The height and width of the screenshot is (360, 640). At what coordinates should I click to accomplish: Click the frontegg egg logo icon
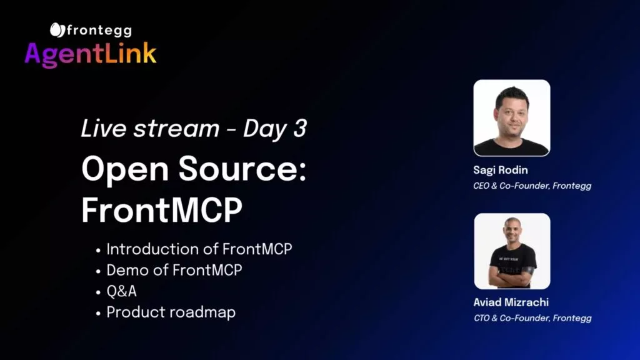[x=57, y=30]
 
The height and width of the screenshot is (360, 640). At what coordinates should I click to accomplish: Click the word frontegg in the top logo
[x=99, y=31]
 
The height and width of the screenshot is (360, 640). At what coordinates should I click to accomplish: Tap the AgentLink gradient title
[x=90, y=54]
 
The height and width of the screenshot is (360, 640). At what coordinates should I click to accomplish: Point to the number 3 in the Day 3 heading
[x=299, y=128]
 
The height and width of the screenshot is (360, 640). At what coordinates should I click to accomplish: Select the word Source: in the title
[x=242, y=169]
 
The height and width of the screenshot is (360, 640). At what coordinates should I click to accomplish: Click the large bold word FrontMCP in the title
[x=162, y=210]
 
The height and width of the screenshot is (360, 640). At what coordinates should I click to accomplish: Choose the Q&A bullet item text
[x=122, y=291]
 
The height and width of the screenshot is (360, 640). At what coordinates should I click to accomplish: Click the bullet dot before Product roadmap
[x=98, y=314]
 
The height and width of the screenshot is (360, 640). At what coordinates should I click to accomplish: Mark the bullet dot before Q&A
[x=98, y=292]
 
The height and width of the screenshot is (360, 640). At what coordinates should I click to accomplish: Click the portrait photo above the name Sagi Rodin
[x=512, y=118]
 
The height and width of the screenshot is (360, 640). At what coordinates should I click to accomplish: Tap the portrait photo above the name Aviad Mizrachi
[x=512, y=251]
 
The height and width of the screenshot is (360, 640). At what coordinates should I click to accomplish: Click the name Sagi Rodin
[x=501, y=170]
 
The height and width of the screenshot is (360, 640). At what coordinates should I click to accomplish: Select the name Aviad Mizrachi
[x=511, y=302]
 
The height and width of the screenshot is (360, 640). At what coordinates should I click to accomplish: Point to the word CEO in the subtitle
[x=481, y=186]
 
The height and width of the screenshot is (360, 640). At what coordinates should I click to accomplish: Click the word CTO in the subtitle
[x=482, y=318]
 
